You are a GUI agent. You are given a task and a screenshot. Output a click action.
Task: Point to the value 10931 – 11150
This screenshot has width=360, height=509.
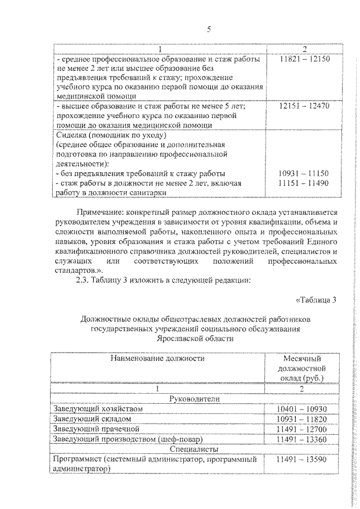click(303, 173)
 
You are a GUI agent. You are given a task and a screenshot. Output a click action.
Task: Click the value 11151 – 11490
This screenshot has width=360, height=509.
click(303, 183)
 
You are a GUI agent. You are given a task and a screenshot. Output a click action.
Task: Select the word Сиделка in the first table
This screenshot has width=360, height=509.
click(72, 136)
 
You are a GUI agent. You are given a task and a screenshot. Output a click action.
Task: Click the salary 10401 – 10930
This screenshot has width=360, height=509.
click(303, 408)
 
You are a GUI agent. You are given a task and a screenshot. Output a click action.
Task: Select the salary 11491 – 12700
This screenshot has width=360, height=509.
click(303, 429)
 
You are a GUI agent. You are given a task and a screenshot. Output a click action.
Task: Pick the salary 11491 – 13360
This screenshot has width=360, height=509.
click(303, 439)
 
